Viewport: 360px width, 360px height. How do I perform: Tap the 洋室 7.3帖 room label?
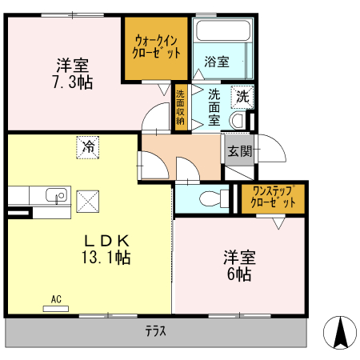[72, 73]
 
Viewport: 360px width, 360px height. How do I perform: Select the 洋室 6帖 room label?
[239, 266]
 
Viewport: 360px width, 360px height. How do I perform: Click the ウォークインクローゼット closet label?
[157, 46]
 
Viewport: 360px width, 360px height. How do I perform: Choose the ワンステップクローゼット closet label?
[273, 197]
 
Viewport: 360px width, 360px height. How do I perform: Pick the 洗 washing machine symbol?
[242, 96]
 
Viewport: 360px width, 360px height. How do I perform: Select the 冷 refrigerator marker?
[88, 147]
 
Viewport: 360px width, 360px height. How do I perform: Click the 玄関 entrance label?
[238, 150]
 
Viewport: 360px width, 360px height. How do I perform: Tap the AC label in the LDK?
[56, 300]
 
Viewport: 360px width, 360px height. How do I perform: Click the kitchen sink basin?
[54, 195]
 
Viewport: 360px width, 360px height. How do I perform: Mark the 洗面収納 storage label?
[181, 107]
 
